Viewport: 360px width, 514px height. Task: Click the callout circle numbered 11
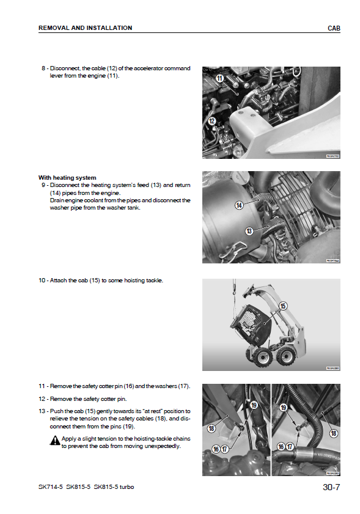coord(219,78)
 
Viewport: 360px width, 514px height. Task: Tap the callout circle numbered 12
coord(212,121)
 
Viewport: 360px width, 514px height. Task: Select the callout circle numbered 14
coord(239,205)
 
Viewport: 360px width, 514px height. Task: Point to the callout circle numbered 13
coord(249,231)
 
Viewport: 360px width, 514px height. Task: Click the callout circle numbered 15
coord(283,306)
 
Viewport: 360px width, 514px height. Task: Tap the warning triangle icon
coord(55,440)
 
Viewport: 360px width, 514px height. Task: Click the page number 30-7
coord(331,487)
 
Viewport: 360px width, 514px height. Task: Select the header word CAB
coord(334,28)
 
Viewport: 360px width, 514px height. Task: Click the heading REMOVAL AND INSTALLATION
coord(85,28)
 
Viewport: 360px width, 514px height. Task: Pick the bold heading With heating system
coord(67,178)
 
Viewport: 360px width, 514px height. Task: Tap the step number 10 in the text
coord(42,281)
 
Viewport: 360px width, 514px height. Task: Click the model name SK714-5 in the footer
coord(51,486)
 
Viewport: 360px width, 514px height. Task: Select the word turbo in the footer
coord(127,486)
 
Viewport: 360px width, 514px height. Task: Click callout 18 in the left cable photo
coord(211,428)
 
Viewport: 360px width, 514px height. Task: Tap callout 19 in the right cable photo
coord(283,408)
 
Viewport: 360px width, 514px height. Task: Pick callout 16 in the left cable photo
coord(215,449)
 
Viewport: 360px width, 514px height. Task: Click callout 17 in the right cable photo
coord(290,447)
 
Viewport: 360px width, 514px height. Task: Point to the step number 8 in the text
coord(43,68)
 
